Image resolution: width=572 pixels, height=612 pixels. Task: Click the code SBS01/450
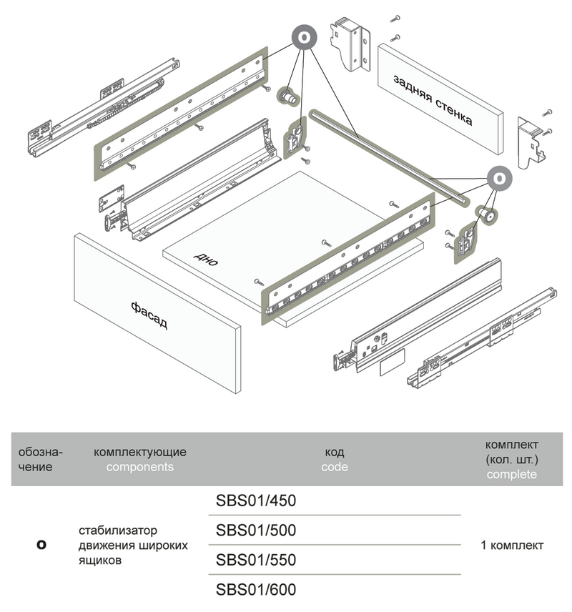(255, 500)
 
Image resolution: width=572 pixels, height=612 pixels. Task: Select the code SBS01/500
(255, 530)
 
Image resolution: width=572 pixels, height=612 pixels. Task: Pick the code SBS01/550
(255, 560)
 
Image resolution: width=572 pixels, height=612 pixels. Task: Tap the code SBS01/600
(255, 590)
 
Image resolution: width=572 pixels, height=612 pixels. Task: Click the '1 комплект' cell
(512, 545)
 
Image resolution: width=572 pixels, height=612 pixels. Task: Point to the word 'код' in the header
(335, 452)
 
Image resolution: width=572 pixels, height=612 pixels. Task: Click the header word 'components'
(140, 467)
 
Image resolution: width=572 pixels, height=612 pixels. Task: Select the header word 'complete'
(511, 475)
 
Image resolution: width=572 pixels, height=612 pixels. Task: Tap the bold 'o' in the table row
(41, 545)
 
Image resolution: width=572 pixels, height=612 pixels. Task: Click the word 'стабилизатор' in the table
(118, 530)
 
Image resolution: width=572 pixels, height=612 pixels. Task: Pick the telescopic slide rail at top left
(100, 107)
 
